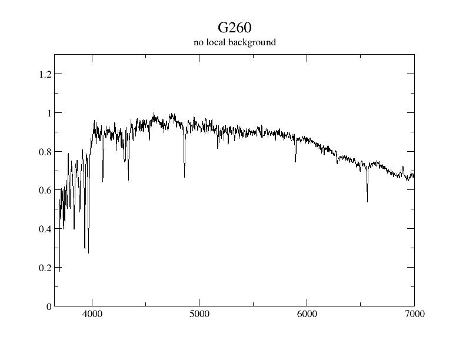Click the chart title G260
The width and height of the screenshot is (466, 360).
pos(234,28)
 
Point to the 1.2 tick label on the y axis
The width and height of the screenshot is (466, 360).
pos(45,74)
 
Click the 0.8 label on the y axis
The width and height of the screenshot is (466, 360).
pos(45,152)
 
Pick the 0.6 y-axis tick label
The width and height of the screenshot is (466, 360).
pos(45,190)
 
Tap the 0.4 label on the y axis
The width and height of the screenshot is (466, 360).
pos(45,229)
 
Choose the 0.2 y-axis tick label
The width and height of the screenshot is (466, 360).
pos(45,268)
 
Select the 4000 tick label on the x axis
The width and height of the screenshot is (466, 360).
pos(92,314)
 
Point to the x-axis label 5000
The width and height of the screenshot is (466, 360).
pos(199,314)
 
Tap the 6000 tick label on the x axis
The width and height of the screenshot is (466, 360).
pos(307,314)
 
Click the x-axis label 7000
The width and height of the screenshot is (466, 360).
pos(414,314)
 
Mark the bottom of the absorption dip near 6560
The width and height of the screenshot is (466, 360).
pos(367,202)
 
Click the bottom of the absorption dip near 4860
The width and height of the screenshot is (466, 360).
pos(184,177)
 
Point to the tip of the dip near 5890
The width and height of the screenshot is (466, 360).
pos(295,162)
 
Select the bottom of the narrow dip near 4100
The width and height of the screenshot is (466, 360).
pos(102,181)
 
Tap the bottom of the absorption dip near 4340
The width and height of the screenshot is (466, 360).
pos(128,179)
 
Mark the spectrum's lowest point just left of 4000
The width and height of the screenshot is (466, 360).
pos(88,252)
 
